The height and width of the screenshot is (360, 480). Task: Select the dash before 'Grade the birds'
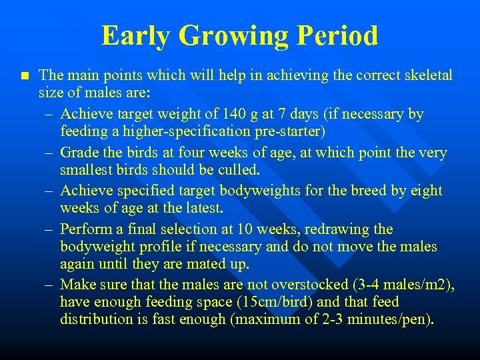click(50, 153)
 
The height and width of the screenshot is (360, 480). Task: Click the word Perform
click(85, 229)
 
